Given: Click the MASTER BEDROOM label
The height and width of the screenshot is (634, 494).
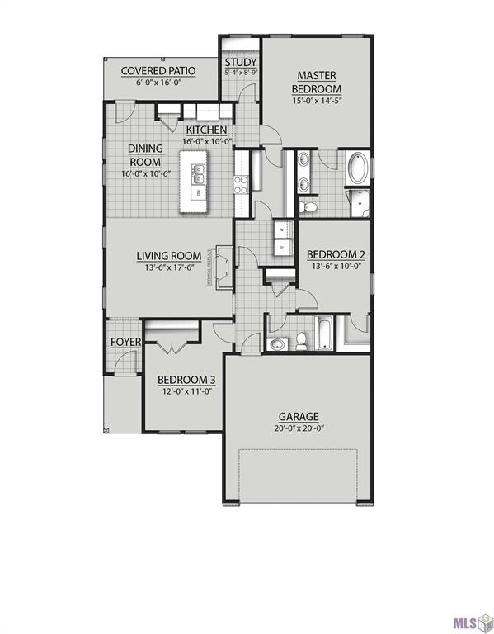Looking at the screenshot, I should (318, 82).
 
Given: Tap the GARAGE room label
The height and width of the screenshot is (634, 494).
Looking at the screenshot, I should (298, 417).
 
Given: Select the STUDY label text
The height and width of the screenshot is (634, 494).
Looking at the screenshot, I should (241, 63).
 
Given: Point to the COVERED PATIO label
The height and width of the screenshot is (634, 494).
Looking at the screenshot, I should (158, 70).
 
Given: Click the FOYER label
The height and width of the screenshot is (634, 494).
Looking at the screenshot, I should (125, 342).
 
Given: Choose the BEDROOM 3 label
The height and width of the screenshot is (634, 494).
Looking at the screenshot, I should (186, 380).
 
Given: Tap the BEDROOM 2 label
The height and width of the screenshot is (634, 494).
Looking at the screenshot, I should (335, 254).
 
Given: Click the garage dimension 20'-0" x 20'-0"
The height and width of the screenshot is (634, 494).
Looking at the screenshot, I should (298, 429).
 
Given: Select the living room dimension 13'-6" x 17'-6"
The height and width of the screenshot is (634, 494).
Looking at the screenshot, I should (169, 268).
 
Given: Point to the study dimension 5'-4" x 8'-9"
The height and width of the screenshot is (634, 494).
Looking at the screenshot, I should (241, 73).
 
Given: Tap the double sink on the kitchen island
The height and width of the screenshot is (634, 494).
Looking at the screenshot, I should (199, 173).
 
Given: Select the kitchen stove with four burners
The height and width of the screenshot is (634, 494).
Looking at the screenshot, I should (242, 184).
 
